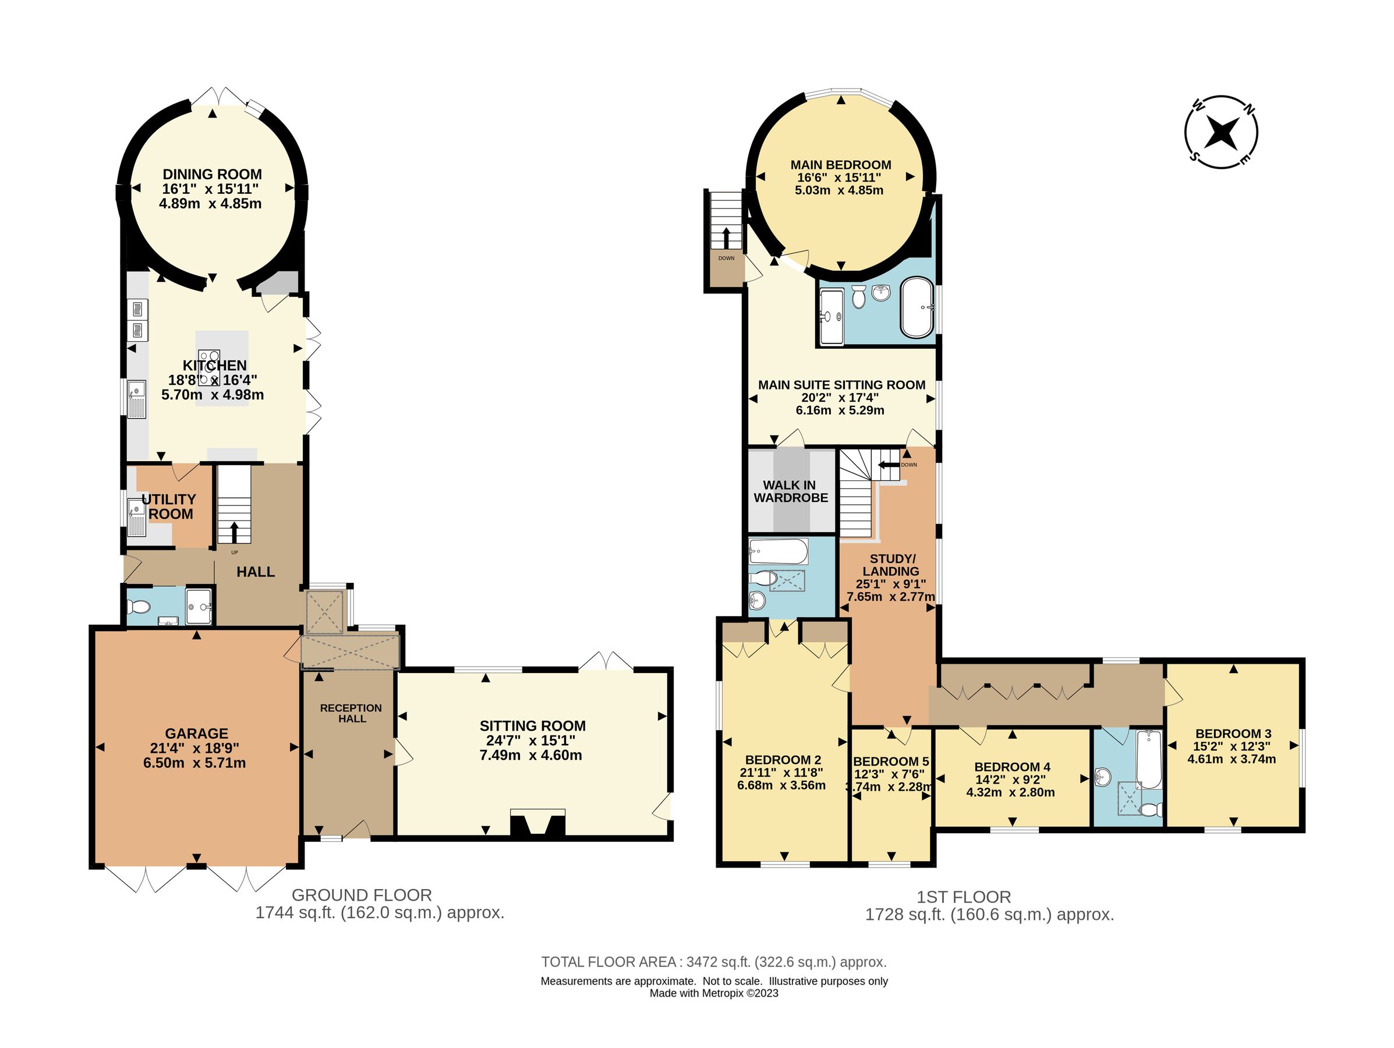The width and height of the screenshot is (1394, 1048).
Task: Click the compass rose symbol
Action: click(x=1221, y=132)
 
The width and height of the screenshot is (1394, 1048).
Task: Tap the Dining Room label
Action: click(x=213, y=174)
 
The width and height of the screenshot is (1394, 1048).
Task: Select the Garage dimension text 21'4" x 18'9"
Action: click(x=197, y=748)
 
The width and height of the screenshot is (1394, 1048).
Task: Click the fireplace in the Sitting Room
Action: click(x=537, y=823)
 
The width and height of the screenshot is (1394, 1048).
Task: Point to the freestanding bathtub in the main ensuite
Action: click(x=918, y=307)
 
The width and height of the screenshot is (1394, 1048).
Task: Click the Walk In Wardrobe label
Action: click(x=790, y=491)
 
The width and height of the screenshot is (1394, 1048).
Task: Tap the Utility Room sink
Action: click(x=136, y=517)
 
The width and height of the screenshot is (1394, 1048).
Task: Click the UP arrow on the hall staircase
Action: click(x=235, y=532)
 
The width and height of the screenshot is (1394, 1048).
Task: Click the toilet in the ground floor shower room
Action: click(x=139, y=607)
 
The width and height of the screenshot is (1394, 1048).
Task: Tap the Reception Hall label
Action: click(x=351, y=713)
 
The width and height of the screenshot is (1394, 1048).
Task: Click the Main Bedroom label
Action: click(x=841, y=165)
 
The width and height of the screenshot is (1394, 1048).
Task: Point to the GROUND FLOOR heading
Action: click(x=362, y=895)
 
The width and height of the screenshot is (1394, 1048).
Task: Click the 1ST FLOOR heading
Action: click(x=964, y=897)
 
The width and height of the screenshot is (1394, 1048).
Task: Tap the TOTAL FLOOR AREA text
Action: click(x=714, y=962)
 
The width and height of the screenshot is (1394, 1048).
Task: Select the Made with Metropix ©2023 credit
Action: click(x=714, y=993)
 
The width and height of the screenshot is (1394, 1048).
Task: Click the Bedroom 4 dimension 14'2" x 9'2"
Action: click(x=1010, y=780)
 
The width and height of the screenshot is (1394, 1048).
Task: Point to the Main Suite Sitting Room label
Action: click(x=842, y=384)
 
